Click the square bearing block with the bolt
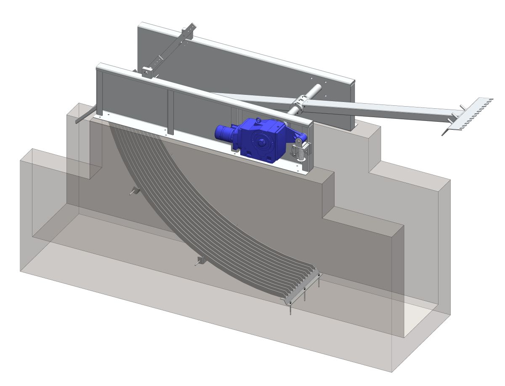click(147, 72)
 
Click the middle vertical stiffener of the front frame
click(170, 111)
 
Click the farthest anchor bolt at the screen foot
click(319, 280)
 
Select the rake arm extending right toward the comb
click(379, 109)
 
